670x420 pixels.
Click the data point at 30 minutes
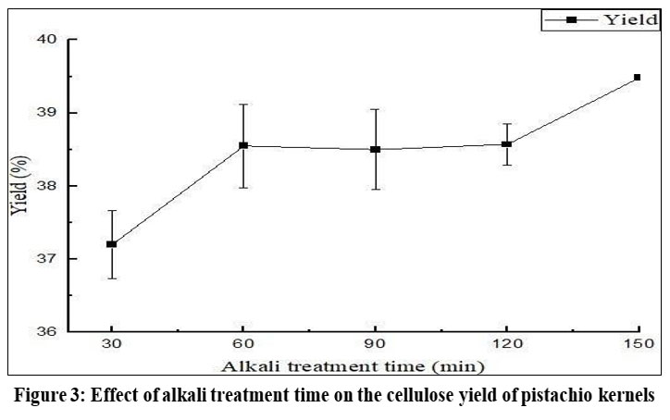[112, 244]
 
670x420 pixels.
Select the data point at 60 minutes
[243, 145]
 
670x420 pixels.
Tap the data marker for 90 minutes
[375, 149]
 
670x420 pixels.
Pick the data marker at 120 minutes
[506, 144]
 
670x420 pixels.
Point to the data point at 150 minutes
[638, 78]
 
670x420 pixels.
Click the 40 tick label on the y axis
[47, 39]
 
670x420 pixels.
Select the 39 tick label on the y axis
[47, 112]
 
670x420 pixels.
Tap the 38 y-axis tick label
[47, 185]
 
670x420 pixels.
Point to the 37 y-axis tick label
[47, 258]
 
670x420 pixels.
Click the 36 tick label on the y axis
[47, 331]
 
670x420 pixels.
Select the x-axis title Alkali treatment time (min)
[375, 368]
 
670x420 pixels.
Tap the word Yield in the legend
[633, 19]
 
